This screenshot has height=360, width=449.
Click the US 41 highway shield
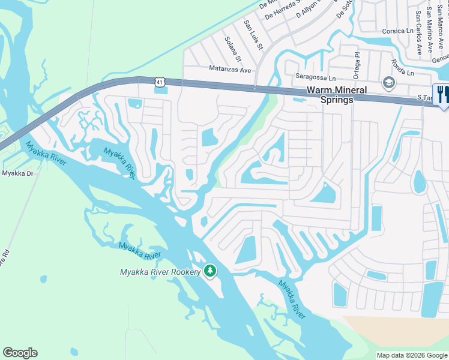(x=158, y=81)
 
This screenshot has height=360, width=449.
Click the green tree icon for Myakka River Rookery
(x=209, y=272)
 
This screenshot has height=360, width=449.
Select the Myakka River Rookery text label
(x=160, y=272)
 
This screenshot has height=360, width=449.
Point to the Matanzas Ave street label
(x=230, y=70)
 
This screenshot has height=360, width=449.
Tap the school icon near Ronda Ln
(x=388, y=82)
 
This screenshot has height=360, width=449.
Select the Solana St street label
(x=232, y=49)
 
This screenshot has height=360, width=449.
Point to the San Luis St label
(x=253, y=35)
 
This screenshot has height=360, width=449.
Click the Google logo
(x=20, y=353)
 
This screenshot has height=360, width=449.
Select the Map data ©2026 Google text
(x=411, y=355)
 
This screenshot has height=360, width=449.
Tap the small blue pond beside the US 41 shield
(x=160, y=91)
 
